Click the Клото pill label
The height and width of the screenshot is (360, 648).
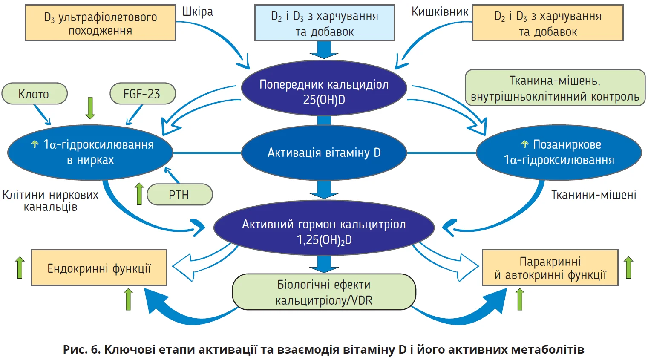pos(35,94)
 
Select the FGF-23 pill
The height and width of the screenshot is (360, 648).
pos(142,94)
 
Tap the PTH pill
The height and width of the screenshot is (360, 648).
pos(179,195)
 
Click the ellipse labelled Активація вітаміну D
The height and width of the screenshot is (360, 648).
pos(324,153)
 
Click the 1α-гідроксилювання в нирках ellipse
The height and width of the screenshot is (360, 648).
pos(90,152)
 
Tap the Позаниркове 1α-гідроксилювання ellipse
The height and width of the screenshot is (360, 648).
pos(559,152)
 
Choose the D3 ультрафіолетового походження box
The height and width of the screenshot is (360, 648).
pos(101,23)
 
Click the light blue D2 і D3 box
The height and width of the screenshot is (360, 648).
pos(324,23)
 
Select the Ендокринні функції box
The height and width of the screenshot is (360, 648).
pos(99,268)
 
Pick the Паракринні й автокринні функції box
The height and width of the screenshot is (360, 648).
pos(550,268)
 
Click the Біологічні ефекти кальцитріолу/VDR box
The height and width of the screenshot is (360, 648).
pos(324,292)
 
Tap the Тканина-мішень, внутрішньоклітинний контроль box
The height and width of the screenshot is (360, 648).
pos(555,88)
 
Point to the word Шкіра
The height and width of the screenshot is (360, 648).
pos(198,12)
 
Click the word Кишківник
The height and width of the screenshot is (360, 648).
pos(440,12)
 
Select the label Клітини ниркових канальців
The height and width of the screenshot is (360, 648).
pos(50,201)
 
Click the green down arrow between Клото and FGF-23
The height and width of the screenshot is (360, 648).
pos(90,108)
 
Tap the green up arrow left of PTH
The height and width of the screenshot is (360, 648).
pos(139,194)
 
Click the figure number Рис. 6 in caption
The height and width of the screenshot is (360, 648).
pos(81,350)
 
